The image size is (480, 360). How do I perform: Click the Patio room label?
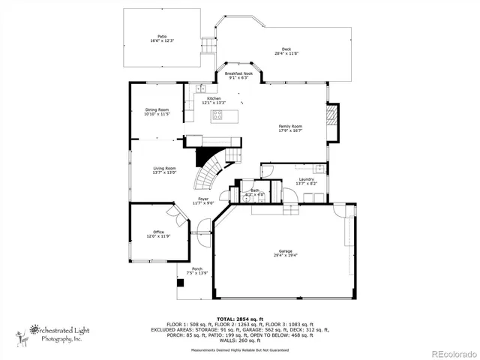point(161,37)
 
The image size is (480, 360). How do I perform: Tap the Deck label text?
point(286,49)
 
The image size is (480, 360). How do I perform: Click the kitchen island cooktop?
point(217,115)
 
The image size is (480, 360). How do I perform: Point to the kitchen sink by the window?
point(201,89)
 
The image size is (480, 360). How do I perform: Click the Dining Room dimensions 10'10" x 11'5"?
point(157,115)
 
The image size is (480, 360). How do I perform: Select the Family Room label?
point(290,126)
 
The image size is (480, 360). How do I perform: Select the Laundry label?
point(306,179)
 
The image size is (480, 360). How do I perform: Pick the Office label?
point(158,232)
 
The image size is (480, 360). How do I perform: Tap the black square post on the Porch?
point(179,283)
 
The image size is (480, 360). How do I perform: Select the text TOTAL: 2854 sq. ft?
point(240,319)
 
